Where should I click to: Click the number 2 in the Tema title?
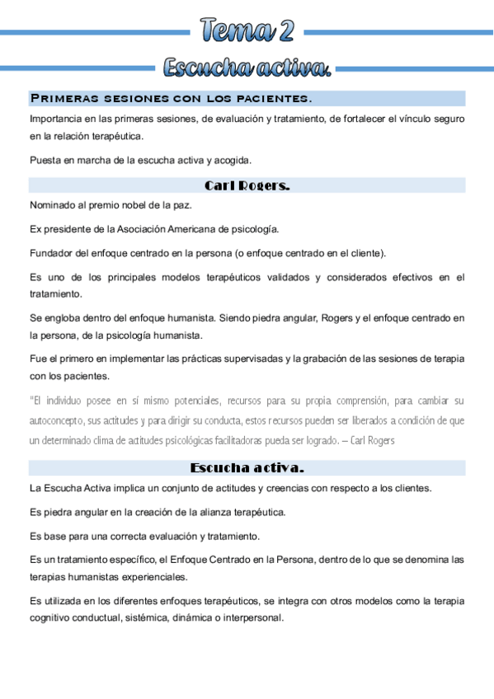point(285,32)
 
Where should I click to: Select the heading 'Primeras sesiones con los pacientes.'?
point(171,99)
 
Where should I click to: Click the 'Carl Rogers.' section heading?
point(247,185)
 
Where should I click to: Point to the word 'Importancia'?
point(55,120)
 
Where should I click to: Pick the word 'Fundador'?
point(51,253)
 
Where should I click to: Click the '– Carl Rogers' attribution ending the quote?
point(370,440)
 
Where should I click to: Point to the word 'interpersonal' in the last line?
point(252,617)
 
